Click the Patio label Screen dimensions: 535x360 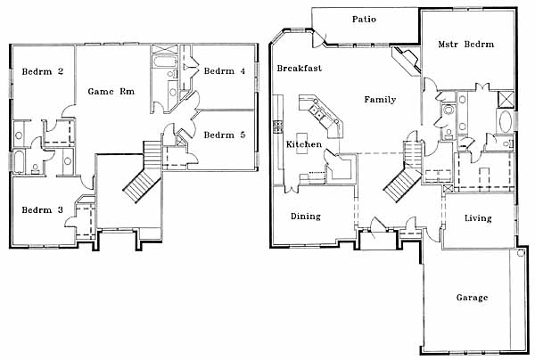coord(364,19)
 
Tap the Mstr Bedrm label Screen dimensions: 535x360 coord(466,45)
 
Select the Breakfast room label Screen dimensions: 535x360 coord(300,69)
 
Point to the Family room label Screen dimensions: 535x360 coord(380,100)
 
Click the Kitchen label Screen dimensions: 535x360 coord(304,144)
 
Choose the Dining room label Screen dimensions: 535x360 coord(306,217)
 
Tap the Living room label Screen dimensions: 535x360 coord(478,218)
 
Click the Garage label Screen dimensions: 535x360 coord(473,298)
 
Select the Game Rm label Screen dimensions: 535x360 coord(111,92)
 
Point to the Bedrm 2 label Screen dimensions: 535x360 coord(43,71)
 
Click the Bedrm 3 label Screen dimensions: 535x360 coord(43,210)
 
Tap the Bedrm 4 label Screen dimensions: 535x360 coord(225,71)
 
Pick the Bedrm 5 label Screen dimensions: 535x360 coord(225,135)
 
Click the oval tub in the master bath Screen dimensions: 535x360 coord(506,121)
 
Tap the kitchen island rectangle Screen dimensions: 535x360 coord(301,143)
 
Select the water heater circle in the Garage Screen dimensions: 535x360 coord(521,253)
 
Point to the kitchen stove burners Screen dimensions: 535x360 coord(278,127)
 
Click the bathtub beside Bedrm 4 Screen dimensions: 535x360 coord(165,61)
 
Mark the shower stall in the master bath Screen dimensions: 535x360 coord(506,100)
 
